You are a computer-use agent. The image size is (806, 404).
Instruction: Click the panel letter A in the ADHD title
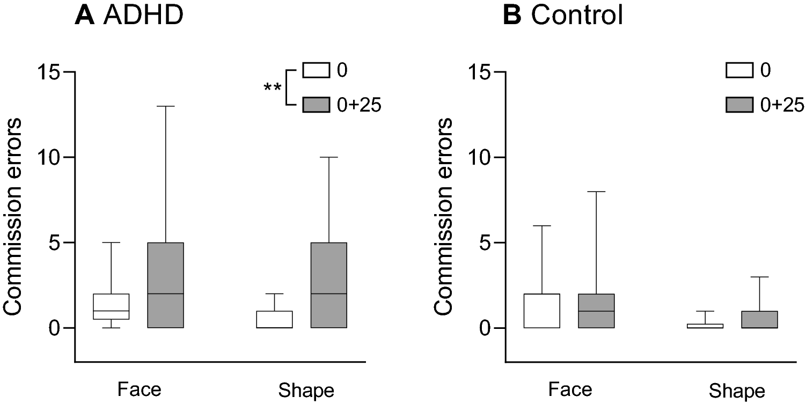click(84, 16)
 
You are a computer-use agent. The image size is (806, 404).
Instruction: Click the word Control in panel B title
click(577, 16)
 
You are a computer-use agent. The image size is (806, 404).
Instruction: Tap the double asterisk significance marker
click(273, 87)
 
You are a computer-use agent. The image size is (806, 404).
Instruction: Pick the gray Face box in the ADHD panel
click(166, 285)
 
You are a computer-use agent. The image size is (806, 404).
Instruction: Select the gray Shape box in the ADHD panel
click(328, 285)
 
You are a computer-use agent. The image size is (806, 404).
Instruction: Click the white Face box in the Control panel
click(542, 311)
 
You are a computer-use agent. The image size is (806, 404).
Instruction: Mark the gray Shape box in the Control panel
click(759, 319)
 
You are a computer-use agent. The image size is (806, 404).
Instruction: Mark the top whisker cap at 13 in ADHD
click(166, 106)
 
